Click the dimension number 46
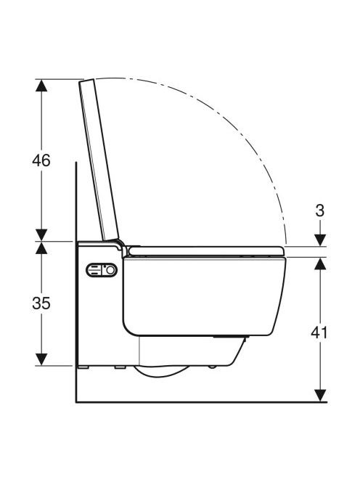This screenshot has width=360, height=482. [41, 160]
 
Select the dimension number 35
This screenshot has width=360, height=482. [41, 303]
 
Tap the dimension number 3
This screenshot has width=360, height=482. [320, 211]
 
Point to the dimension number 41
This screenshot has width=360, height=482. [319, 332]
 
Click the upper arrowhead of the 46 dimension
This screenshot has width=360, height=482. [41, 85]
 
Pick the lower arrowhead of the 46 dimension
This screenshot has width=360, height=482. [41, 235]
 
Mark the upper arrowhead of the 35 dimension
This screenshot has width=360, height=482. [41, 248]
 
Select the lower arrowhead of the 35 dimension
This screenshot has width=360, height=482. [41, 359]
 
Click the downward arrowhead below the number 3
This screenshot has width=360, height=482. [320, 240]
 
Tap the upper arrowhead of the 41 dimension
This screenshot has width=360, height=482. [320, 264]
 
